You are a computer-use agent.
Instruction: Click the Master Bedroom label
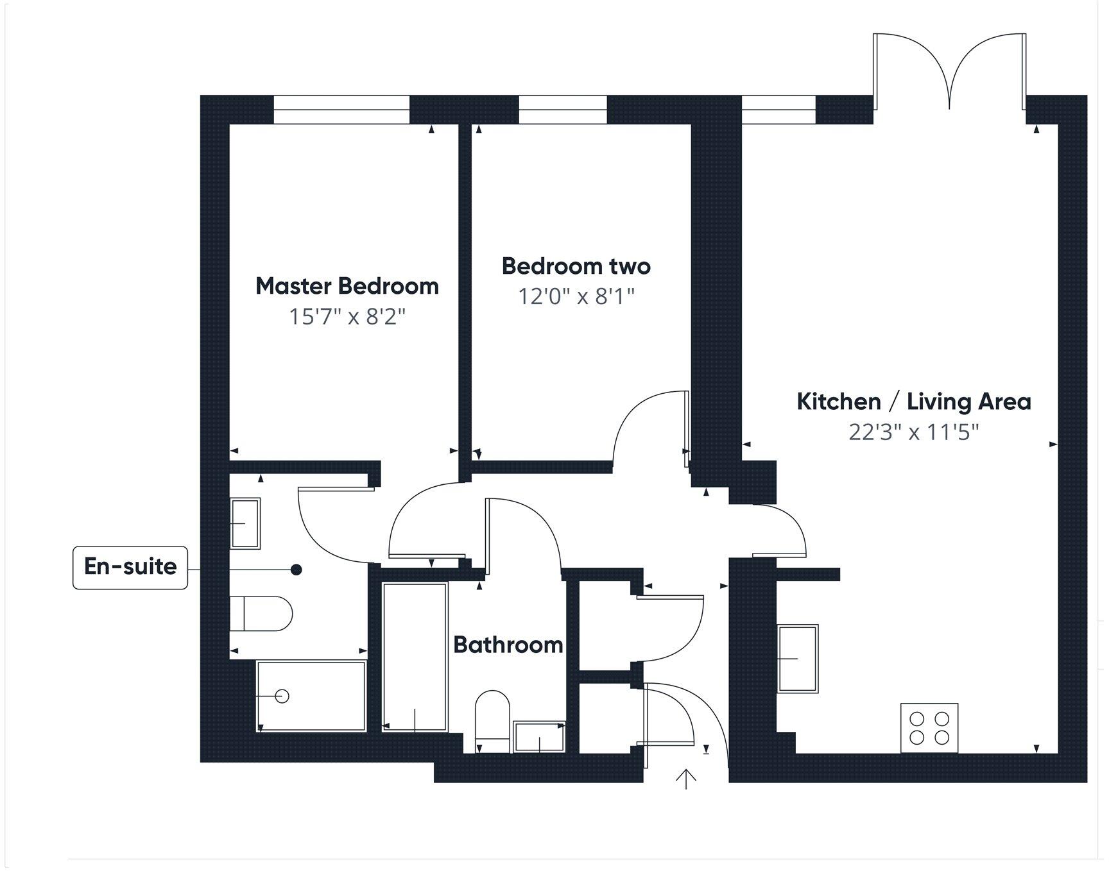(347, 286)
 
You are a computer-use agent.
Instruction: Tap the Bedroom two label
(576, 266)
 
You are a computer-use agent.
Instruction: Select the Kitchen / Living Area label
(913, 402)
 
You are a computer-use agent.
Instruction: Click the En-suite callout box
(130, 567)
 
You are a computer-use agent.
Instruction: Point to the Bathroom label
(508, 645)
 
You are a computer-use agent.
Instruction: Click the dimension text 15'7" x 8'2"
(347, 317)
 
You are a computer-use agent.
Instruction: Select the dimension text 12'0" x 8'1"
(576, 297)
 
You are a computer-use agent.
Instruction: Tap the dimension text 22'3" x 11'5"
(913, 432)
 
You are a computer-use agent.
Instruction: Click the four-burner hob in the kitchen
(929, 728)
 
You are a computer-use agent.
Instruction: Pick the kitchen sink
(798, 659)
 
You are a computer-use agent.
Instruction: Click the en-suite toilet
(261, 614)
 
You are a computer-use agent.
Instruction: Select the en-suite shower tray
(311, 696)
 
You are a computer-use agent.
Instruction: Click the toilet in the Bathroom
(492, 720)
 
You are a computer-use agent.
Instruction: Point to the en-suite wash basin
(245, 523)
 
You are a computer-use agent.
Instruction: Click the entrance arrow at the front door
(686, 779)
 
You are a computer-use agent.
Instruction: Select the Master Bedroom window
(341, 109)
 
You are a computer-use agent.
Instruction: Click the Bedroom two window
(562, 109)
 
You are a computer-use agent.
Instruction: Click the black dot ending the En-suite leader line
(297, 570)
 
